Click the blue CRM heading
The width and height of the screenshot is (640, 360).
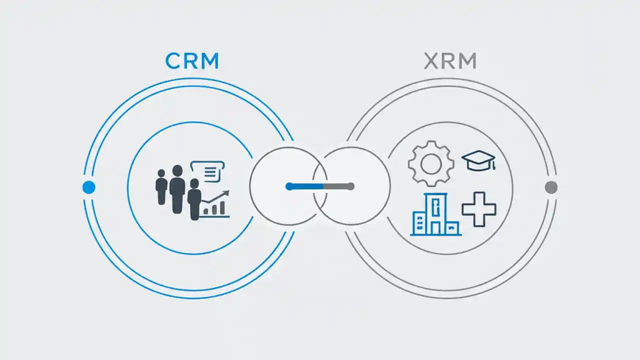point(192,61)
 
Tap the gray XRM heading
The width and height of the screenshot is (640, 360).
point(450,61)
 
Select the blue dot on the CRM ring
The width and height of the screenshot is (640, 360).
point(88,187)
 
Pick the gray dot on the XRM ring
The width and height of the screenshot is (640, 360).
point(551,187)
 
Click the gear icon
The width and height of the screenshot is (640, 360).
point(431,163)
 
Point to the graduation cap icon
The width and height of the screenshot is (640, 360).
point(478,160)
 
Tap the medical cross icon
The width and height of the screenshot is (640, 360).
point(478,208)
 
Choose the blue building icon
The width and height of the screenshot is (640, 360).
point(435,215)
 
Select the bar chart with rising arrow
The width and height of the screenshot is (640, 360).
point(215,205)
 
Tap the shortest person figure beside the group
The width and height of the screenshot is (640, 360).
point(161,186)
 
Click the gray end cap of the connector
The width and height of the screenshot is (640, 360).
point(350,186)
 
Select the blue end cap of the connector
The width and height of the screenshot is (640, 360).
point(289,186)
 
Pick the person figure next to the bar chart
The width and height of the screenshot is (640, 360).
point(194,200)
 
